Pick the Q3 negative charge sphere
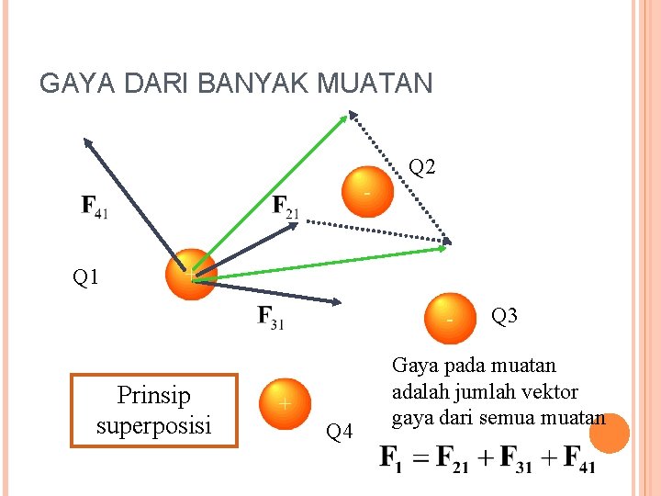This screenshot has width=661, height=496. click(449, 317)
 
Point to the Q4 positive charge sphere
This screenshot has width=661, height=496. click(285, 403)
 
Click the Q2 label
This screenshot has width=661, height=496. click(422, 167)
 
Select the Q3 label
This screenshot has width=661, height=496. click(505, 316)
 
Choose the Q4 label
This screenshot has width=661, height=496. click(341, 431)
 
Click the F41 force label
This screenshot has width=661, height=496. click(95, 206)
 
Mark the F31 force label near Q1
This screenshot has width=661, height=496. click(270, 319)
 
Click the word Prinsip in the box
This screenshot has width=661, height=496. click(153, 396)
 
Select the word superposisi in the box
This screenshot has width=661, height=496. click(153, 425)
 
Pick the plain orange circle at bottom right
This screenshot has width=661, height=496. click(610, 434)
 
